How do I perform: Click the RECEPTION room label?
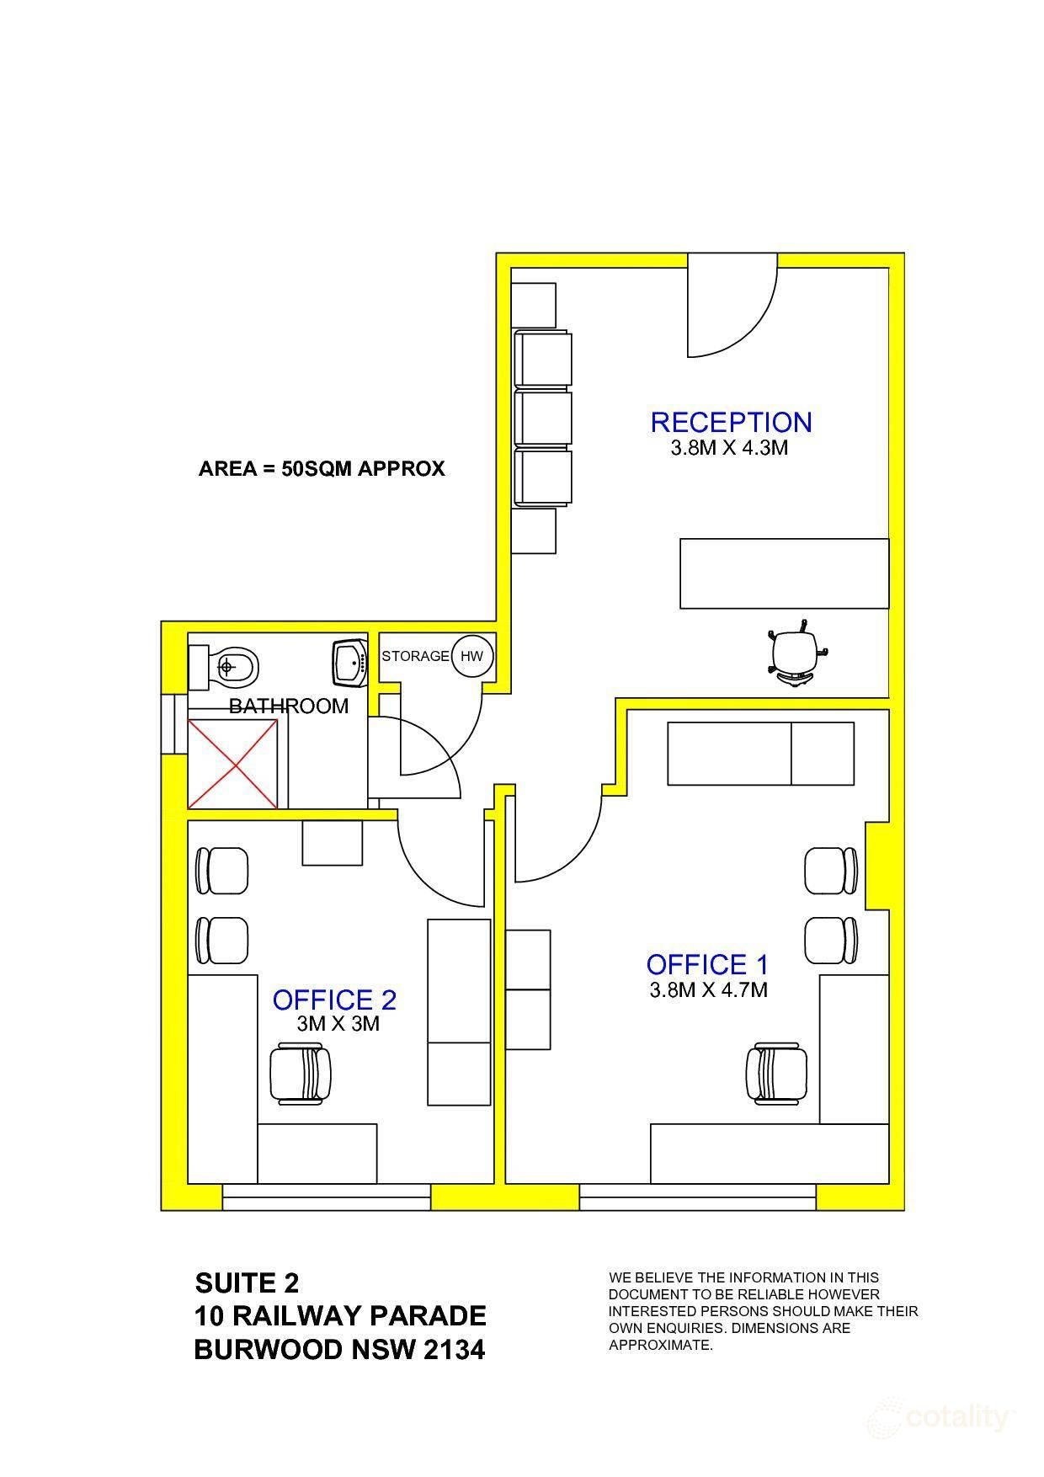(x=731, y=422)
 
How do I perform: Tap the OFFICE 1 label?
(x=707, y=964)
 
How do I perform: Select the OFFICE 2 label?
(x=334, y=1000)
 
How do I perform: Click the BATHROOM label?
(x=289, y=706)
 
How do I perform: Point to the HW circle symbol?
(x=471, y=656)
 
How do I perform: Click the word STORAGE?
(x=415, y=656)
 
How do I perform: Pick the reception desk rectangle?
(x=784, y=573)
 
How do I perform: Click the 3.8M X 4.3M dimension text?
(x=729, y=448)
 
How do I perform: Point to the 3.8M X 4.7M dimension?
(x=708, y=990)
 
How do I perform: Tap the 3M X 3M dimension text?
(x=338, y=1024)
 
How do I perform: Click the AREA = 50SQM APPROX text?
(x=322, y=469)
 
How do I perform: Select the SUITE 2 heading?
(x=247, y=1283)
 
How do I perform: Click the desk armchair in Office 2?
(x=298, y=1074)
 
